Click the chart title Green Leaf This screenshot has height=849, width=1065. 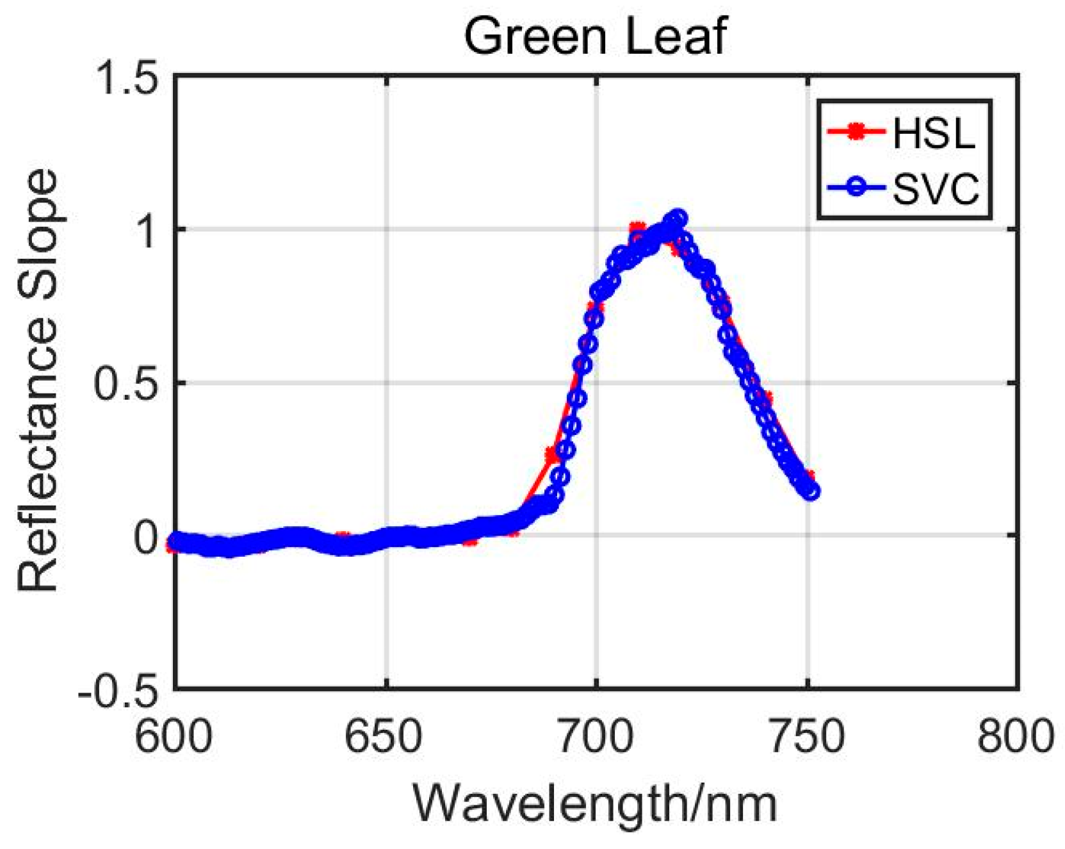coord(595,36)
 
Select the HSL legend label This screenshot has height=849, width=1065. coord(933,134)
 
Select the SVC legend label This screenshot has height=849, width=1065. coord(936,189)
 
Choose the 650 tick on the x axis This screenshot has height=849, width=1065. coord(384,737)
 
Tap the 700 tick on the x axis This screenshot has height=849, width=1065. coord(596,737)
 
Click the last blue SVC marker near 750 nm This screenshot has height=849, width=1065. coord(811,491)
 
